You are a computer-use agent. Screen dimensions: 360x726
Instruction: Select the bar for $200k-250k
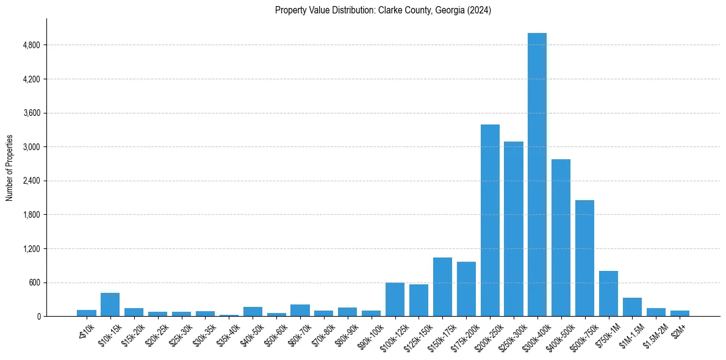click(490, 220)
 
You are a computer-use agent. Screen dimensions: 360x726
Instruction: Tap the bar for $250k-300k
click(514, 229)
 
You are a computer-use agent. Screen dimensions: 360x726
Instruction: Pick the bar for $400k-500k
click(561, 238)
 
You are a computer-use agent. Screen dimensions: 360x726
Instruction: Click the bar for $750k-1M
click(608, 293)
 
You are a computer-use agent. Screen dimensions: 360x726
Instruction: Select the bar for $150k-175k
click(442, 287)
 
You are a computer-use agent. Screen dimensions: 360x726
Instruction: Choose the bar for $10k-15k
click(110, 304)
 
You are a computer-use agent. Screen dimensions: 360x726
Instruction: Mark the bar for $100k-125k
click(395, 300)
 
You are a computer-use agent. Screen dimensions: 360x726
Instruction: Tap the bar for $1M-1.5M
click(632, 307)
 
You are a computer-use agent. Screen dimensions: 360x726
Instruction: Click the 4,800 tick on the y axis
click(31, 45)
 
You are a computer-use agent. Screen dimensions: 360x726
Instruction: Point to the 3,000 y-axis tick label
click(31, 147)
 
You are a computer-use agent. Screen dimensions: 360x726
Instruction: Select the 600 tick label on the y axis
click(34, 283)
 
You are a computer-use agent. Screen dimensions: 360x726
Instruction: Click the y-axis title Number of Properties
click(10, 168)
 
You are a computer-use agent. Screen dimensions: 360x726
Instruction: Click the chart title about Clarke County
click(383, 10)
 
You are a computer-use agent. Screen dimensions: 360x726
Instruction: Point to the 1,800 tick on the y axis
click(31, 215)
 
